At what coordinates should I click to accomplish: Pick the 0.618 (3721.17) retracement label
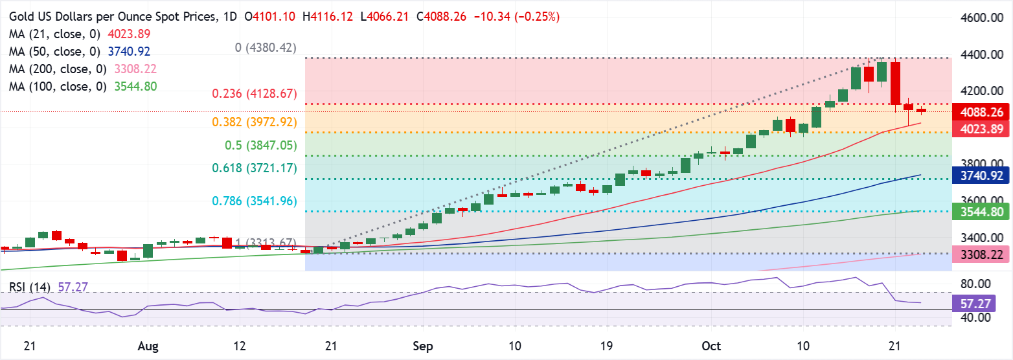[x=255, y=168]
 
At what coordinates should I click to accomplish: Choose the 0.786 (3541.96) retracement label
[x=255, y=201]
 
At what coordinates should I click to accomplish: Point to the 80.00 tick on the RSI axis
[x=975, y=284]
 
